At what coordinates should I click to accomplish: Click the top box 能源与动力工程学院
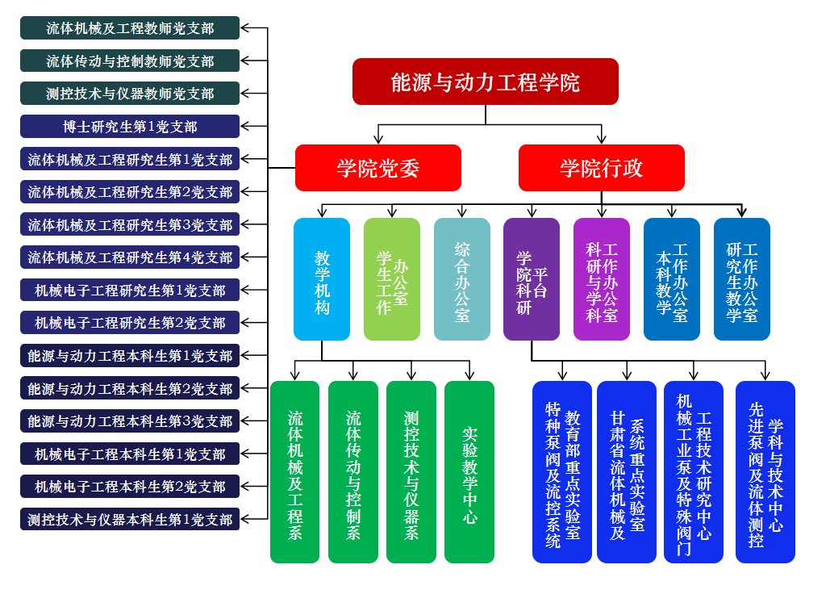tap(485, 82)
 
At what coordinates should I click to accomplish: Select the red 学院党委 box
tap(377, 168)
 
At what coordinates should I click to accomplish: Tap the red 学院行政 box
tap(601, 168)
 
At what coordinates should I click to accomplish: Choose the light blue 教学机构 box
tap(322, 279)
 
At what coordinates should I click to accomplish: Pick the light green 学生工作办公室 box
tap(392, 279)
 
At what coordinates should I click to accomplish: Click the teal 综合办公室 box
tap(462, 279)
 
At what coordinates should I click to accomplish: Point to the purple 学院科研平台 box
tap(532, 279)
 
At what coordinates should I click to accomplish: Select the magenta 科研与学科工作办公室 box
tap(602, 279)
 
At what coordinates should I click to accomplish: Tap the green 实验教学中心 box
tap(469, 472)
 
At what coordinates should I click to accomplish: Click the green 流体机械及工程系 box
tap(295, 472)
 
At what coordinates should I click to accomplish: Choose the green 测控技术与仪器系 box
tap(411, 472)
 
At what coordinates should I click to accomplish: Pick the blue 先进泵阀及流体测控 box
tap(765, 472)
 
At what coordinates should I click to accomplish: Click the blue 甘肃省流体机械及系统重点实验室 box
tap(627, 472)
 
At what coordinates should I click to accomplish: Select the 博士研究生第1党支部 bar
tap(130, 127)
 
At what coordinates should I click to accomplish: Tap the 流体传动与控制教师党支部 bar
tap(130, 61)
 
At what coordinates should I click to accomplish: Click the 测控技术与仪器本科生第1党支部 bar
tap(130, 520)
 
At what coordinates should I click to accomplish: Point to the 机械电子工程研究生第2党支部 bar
tap(130, 323)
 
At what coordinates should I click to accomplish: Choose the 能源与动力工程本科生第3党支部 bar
tap(130, 421)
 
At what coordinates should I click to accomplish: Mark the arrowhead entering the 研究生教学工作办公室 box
tap(742, 212)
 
